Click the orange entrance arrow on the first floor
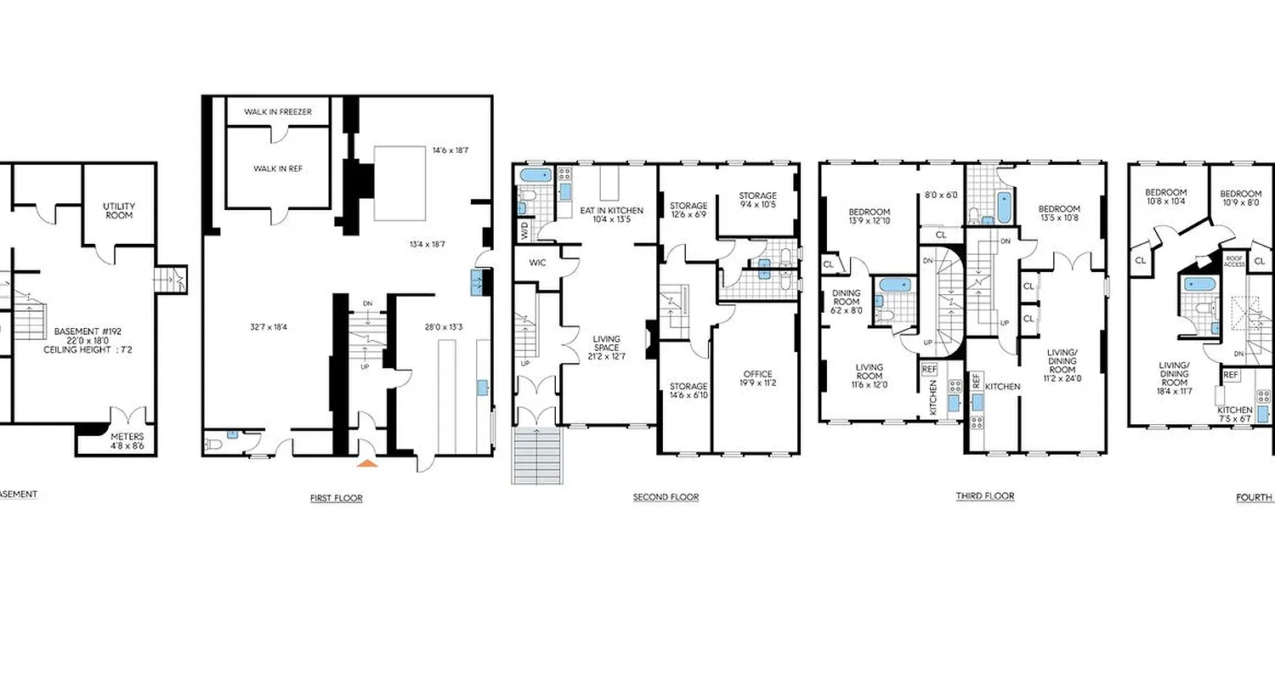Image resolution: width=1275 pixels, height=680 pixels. point(366,463)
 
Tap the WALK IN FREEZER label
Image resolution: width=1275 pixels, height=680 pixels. point(278,112)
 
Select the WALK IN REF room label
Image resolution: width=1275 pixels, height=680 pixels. point(278,168)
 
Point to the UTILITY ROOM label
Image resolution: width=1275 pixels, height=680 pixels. point(119,212)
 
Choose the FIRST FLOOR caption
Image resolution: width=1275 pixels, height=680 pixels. point(336,498)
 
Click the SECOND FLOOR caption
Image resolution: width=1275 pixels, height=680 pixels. point(666,497)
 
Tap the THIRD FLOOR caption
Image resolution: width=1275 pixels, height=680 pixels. point(984,496)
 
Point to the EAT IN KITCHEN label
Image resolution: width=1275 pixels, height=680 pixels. point(611,215)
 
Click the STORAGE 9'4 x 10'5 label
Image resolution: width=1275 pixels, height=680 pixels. point(756,201)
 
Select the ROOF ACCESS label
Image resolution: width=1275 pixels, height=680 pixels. point(1234,262)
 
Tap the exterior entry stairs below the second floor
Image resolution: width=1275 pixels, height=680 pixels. point(535,456)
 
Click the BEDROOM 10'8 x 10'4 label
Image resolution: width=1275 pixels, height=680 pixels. point(1164,197)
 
